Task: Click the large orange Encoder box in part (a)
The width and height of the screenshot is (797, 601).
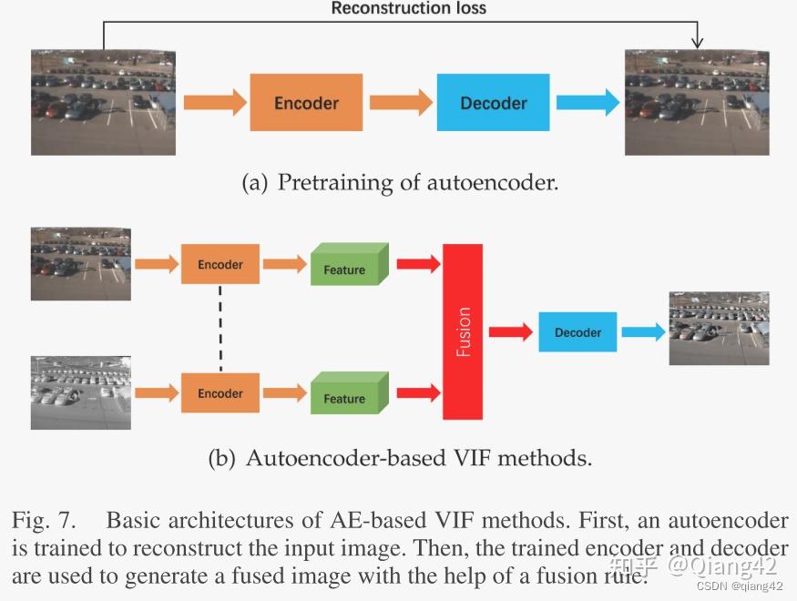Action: (x=306, y=103)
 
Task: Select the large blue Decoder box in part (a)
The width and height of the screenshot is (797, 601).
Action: (x=493, y=103)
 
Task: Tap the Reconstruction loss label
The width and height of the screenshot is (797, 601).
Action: (x=408, y=9)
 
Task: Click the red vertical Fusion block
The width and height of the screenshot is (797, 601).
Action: (x=463, y=331)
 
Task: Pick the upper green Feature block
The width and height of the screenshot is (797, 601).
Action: (x=349, y=266)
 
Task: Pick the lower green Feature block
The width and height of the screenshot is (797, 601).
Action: (x=349, y=394)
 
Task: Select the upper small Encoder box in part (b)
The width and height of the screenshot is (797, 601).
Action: (x=220, y=264)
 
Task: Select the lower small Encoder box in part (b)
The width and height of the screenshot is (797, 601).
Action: (x=220, y=393)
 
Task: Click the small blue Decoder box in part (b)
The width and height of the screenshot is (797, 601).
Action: (x=577, y=332)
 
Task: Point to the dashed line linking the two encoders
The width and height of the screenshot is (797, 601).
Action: (x=220, y=329)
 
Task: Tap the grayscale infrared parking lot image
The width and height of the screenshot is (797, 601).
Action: (x=80, y=392)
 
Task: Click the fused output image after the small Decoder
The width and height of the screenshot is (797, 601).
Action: (x=719, y=328)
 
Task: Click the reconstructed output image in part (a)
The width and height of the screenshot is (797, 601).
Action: (x=696, y=102)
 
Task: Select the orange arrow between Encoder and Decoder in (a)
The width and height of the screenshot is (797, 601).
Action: (x=400, y=103)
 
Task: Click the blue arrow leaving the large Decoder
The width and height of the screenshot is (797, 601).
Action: (x=588, y=103)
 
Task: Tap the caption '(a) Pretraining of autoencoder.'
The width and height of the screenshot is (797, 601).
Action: (x=399, y=183)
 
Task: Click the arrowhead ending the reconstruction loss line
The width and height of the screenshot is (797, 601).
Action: (x=697, y=42)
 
